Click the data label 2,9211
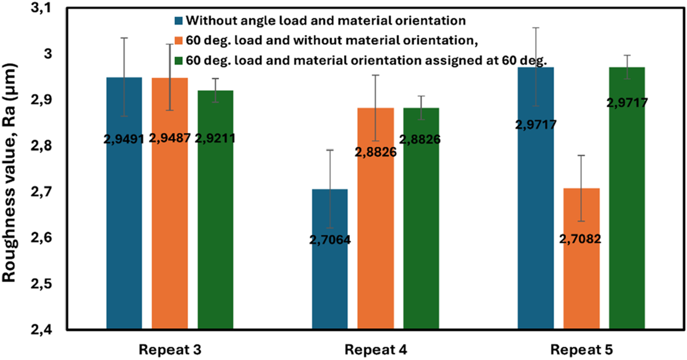[215, 139]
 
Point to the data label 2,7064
[330, 240]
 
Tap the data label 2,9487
[170, 139]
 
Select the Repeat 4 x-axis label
[375, 350]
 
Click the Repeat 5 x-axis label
[581, 350]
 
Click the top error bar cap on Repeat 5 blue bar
[535, 27]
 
